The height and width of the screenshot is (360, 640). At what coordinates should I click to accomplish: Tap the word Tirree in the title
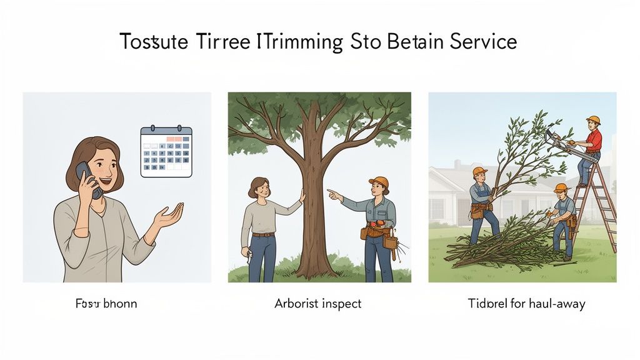213,42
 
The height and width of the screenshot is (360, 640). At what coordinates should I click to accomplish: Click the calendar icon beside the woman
166,151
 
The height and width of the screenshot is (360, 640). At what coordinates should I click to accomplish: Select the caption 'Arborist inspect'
317,304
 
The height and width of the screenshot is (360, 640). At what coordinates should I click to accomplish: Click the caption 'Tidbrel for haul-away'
526,304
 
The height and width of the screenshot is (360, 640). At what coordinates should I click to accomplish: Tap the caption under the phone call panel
106,304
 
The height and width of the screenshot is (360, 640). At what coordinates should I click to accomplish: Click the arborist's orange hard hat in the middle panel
378,182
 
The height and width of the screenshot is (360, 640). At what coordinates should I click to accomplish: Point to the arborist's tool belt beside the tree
378,234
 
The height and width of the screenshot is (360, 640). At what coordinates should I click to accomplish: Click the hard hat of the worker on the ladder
593,119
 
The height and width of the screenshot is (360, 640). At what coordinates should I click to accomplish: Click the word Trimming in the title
301,42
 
